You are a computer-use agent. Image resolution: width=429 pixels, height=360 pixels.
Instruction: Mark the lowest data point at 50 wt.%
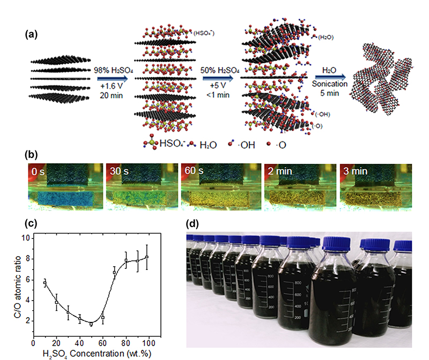[91, 324]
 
